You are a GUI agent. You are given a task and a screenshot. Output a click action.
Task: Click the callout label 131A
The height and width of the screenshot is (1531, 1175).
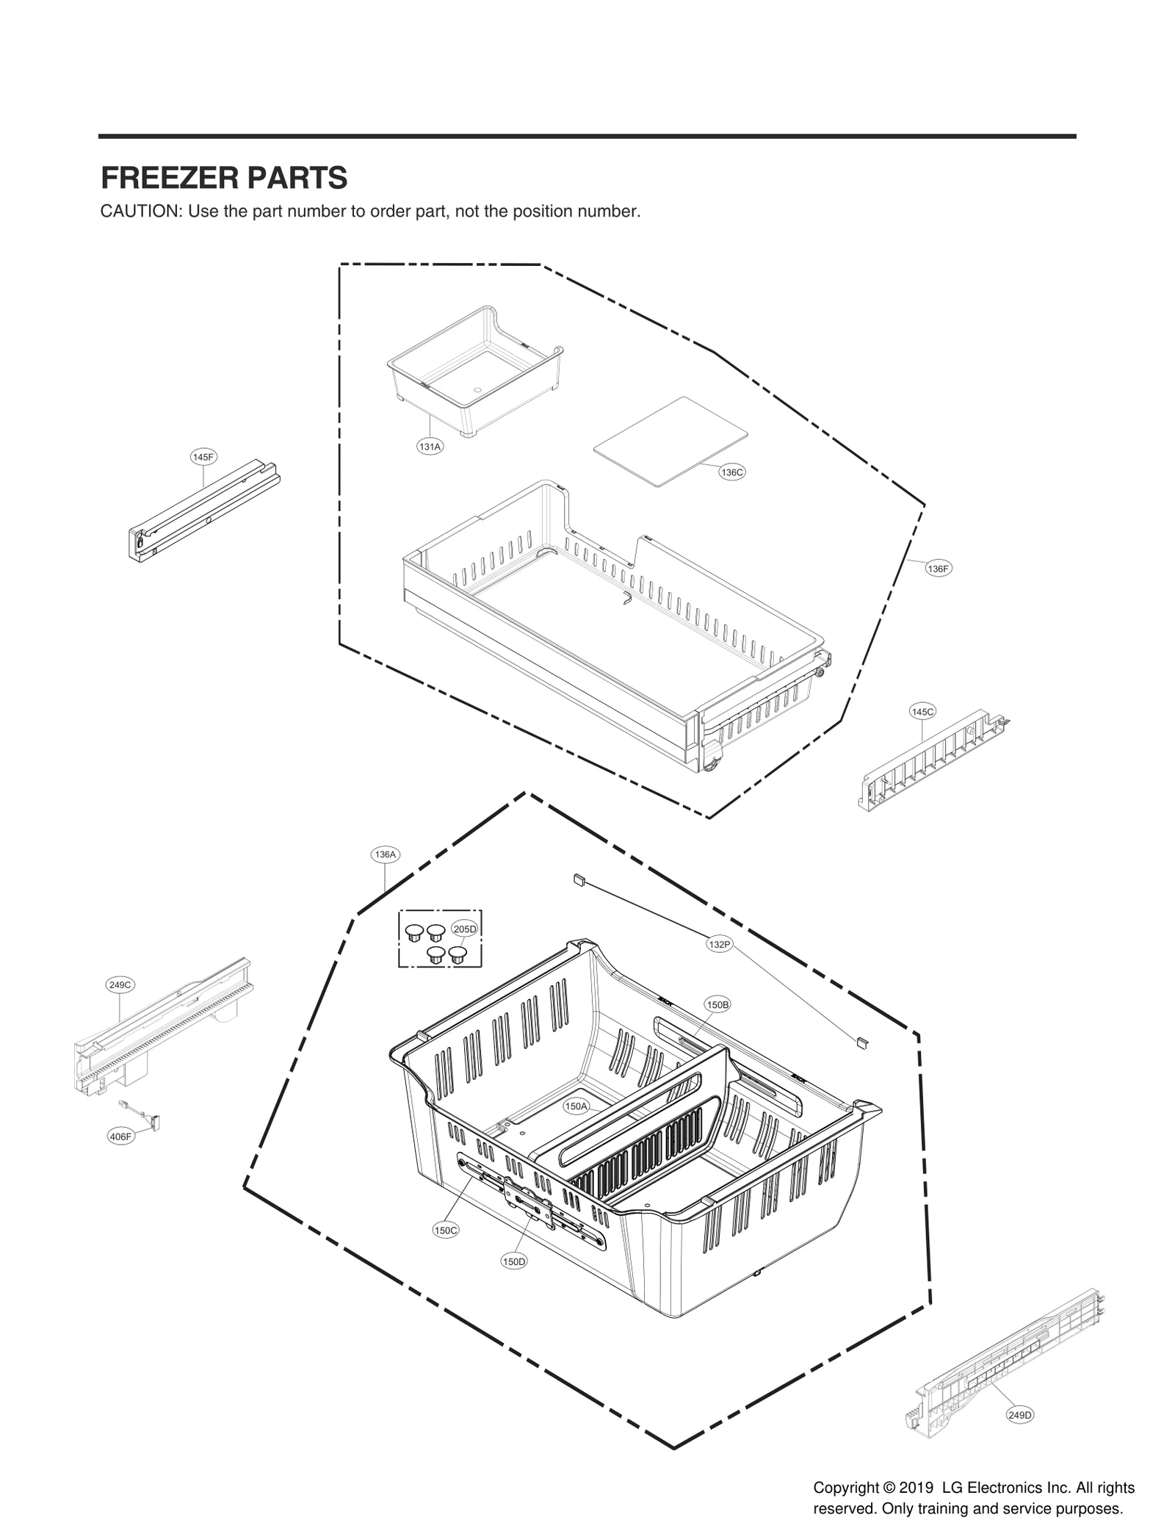point(430,446)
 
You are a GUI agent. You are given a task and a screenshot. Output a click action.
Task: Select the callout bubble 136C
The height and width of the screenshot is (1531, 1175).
point(731,472)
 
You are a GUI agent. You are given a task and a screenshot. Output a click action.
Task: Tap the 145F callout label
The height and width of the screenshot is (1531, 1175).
point(203,457)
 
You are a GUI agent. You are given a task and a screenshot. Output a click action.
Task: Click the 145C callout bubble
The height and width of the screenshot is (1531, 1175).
point(922,711)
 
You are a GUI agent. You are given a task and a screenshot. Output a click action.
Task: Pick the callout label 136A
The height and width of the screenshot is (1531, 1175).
point(385,854)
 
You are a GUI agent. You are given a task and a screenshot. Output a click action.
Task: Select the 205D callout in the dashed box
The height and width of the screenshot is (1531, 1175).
point(464,929)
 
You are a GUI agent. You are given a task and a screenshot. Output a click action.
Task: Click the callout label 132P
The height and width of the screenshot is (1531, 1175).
point(720,944)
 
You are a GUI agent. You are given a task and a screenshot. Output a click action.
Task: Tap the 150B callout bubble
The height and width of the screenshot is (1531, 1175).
point(717,1004)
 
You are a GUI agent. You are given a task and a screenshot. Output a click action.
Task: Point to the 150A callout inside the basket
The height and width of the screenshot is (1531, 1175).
point(576,1127)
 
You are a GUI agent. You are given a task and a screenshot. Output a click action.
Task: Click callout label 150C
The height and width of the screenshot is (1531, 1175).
point(446,1231)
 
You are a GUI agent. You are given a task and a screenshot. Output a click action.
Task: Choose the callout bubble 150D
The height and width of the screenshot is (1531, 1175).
point(514,1261)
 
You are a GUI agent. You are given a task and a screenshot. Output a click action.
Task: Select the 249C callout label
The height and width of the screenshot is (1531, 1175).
point(120,984)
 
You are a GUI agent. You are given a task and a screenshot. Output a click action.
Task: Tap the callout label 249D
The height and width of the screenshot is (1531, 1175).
point(1020,1415)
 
